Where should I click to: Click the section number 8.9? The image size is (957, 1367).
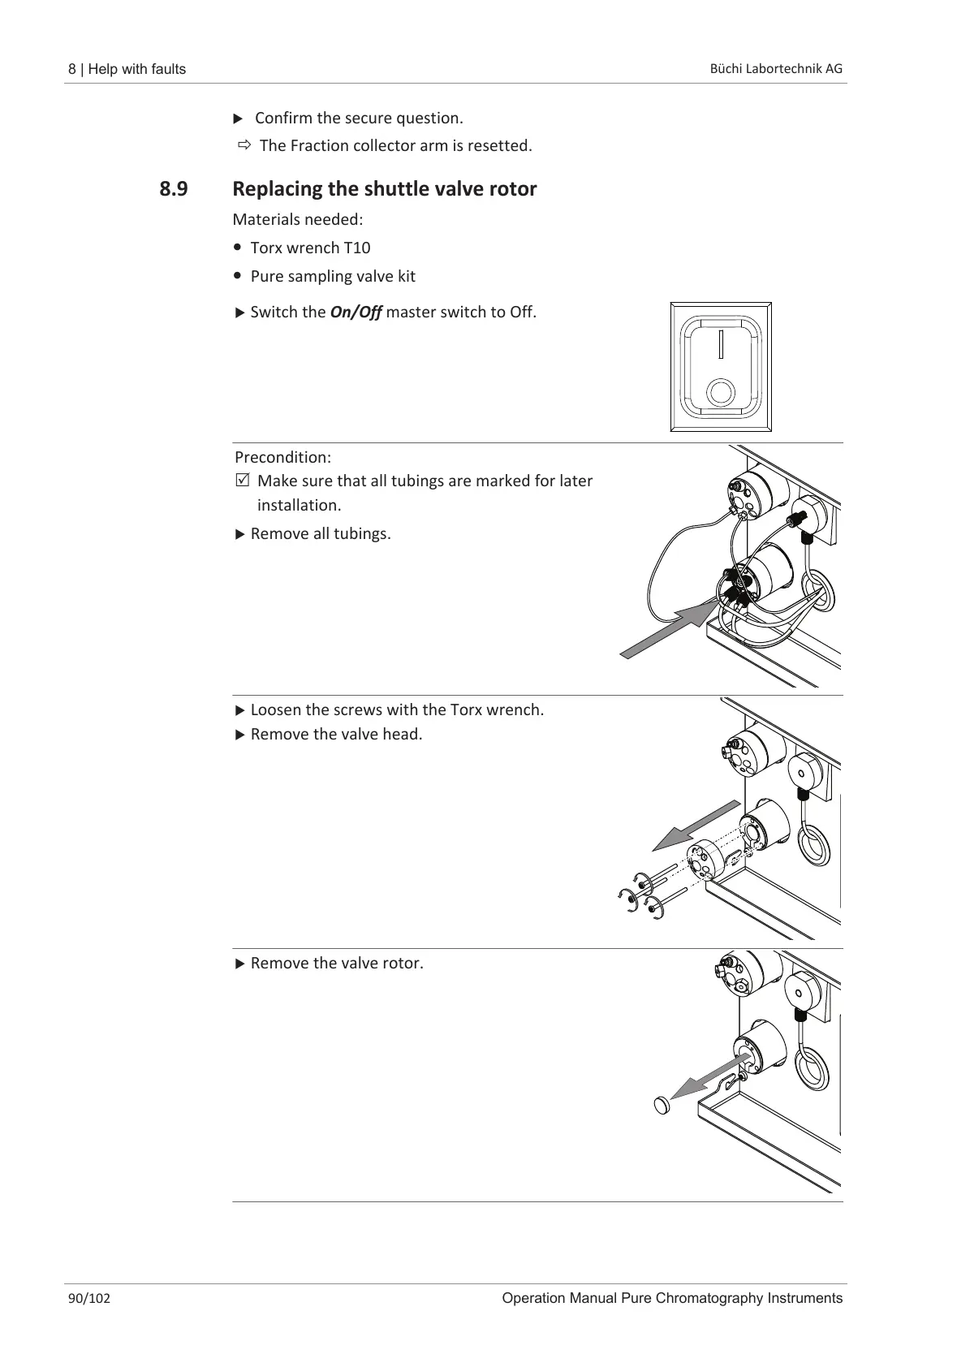coord(173,189)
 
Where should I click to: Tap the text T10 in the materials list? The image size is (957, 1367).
coord(357,248)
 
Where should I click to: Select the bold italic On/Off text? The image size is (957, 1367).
coord(356,312)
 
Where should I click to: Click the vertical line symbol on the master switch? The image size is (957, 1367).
coord(720,344)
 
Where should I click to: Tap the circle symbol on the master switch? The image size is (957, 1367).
coord(720,392)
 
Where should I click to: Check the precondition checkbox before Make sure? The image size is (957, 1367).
coord(241,481)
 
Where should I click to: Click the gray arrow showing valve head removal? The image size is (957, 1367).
coord(696,826)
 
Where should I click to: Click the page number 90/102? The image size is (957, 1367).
coord(89,1298)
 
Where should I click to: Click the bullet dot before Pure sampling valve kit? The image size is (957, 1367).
coord(237,275)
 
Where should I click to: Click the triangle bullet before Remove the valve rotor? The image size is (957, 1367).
coord(239,964)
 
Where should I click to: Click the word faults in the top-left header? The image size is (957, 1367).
coord(166,69)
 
